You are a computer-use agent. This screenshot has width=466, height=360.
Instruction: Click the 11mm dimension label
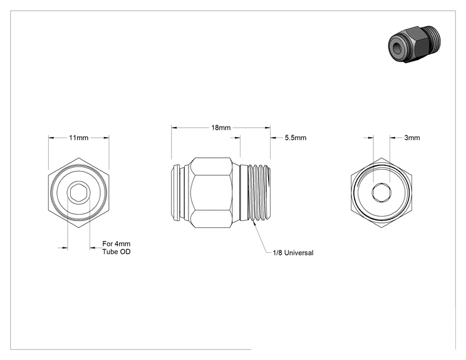click(78, 138)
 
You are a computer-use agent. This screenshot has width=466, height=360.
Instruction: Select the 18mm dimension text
click(221, 128)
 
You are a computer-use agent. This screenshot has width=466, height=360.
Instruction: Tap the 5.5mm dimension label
click(296, 138)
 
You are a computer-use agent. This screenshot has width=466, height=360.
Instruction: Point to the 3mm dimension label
click(412, 138)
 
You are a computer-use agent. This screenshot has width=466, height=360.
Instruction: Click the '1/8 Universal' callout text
click(293, 253)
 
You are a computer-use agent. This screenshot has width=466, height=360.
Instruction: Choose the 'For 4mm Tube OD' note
click(116, 248)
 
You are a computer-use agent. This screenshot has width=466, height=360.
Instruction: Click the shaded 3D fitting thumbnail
click(414, 44)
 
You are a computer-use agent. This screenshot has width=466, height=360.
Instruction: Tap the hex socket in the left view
click(79, 192)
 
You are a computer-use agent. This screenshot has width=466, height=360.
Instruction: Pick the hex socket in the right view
click(381, 192)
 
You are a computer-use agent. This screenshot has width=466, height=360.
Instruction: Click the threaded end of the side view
click(260, 192)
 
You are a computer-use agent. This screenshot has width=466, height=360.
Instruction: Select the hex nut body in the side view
click(211, 192)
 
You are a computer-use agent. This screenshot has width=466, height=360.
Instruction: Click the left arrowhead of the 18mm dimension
click(174, 128)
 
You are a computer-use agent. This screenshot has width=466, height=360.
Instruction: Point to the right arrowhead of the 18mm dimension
click(267, 128)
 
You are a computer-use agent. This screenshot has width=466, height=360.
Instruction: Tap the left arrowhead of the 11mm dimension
click(51, 138)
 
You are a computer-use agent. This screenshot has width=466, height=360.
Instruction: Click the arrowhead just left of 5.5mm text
click(273, 138)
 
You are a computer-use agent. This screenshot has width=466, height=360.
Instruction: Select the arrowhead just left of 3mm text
click(393, 138)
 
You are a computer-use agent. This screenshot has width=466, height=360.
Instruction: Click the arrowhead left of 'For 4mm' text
click(93, 248)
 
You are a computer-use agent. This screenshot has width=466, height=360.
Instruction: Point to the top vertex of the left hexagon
click(79, 158)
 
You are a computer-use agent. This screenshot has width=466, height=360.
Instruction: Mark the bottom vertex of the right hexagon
click(381, 228)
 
